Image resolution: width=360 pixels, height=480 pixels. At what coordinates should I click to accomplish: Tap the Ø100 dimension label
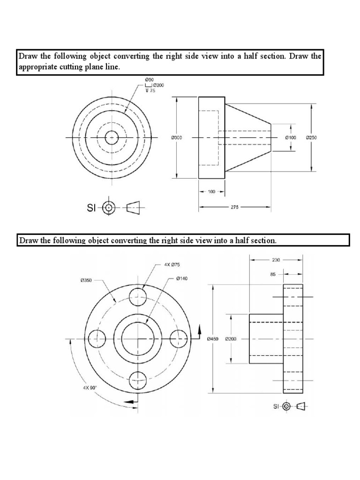[x=291, y=138]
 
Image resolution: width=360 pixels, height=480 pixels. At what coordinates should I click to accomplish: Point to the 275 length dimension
[x=234, y=206]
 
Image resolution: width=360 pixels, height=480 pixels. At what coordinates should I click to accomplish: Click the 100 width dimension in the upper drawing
[x=211, y=192]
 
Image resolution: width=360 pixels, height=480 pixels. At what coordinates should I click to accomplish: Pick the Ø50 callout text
[x=150, y=80]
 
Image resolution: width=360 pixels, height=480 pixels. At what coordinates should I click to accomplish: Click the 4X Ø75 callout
[x=172, y=264]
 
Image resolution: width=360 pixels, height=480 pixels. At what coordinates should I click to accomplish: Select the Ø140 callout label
[x=182, y=278]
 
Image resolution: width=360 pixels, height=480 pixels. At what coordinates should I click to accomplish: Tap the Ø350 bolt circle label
[x=86, y=281]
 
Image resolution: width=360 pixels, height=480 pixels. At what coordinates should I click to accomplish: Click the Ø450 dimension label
[x=213, y=339]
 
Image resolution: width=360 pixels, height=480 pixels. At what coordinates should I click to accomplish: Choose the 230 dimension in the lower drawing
[x=276, y=259]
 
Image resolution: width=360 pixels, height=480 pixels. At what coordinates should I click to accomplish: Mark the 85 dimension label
[x=273, y=275]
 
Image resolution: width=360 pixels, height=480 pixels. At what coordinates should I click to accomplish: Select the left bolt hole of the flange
[x=97, y=338]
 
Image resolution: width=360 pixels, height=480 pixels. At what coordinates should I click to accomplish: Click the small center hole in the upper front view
[x=112, y=137]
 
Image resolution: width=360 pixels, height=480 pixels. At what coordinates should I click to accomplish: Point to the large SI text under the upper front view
[x=92, y=207]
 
